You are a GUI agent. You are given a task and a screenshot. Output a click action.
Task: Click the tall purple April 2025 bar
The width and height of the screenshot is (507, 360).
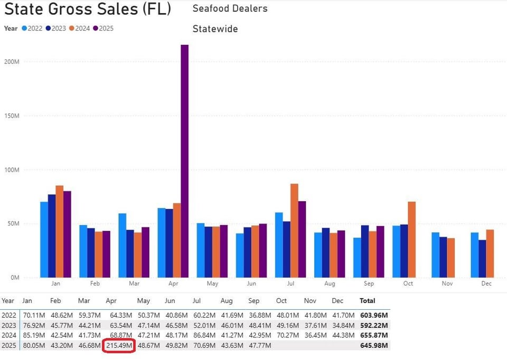tap(185, 161)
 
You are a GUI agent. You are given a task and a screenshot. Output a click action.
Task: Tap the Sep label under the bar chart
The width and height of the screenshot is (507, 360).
tap(369, 284)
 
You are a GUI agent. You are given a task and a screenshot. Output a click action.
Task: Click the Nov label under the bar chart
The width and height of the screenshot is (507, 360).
tap(447, 284)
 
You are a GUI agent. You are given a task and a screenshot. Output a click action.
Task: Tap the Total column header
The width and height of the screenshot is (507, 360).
tap(367, 301)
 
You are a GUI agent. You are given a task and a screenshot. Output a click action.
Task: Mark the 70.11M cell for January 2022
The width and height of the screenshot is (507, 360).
tap(33, 315)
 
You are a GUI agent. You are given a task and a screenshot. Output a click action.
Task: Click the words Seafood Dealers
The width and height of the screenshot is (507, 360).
tap(230, 8)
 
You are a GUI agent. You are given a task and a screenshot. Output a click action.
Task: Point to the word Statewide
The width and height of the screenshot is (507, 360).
tap(215, 29)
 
